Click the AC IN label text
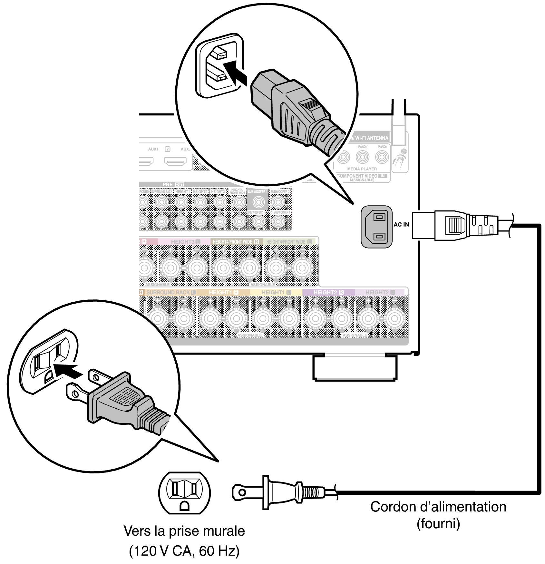401,225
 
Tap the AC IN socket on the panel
376,227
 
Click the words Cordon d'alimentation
438,507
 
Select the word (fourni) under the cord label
438,523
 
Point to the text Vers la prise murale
184,531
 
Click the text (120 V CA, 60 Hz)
184,551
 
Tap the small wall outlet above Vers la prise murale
184,493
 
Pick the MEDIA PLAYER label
362,169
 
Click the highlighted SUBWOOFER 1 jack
258,202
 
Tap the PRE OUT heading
173,184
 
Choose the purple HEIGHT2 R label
328,292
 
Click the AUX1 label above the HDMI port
153,149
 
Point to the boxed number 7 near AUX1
167,149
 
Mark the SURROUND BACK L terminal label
170,292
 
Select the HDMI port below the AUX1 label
146,161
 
